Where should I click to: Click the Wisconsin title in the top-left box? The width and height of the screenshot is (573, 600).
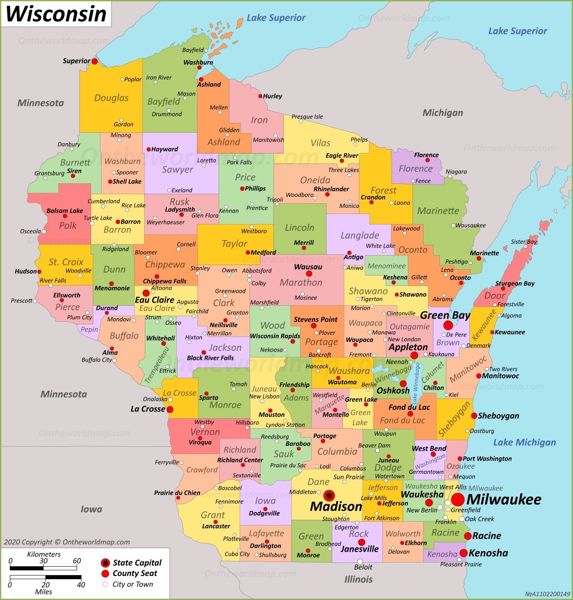(56, 14)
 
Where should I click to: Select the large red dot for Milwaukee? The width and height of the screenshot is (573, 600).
(457, 499)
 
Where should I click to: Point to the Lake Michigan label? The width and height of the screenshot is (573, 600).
(524, 442)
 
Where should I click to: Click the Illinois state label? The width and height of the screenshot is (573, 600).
(358, 579)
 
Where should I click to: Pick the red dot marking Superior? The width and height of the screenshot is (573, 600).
(94, 61)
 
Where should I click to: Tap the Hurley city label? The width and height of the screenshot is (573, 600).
(272, 96)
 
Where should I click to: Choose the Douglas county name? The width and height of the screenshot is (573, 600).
(111, 98)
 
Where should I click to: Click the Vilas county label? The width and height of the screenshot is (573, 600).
(320, 143)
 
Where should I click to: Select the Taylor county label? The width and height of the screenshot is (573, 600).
(234, 243)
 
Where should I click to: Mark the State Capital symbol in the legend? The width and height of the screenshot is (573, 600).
(105, 563)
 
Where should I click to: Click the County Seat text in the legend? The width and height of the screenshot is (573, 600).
(135, 573)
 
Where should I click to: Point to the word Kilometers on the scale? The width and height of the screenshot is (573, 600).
(44, 554)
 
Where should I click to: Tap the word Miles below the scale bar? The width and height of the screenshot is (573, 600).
(43, 592)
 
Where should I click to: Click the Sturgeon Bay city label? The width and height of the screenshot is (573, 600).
(515, 284)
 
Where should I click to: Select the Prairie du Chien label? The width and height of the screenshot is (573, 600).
(177, 493)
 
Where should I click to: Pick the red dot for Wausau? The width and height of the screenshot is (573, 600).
(309, 273)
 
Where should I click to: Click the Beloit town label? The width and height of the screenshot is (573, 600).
(363, 567)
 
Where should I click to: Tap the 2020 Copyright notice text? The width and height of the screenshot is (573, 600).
(67, 542)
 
